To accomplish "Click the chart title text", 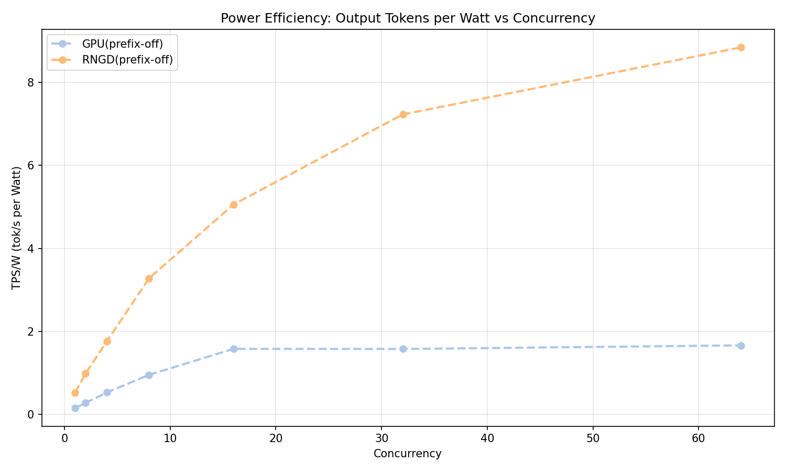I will (x=408, y=18).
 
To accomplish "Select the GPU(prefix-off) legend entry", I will (x=126, y=44).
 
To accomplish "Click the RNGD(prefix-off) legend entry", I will (x=127, y=60).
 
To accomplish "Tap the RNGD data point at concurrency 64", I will (x=741, y=47).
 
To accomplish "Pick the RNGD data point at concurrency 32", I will (x=403, y=114).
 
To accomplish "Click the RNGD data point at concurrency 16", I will (x=234, y=205).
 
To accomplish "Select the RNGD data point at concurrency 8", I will (x=149, y=278).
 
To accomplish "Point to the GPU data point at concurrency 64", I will (x=741, y=346).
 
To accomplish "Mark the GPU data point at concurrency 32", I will (x=403, y=349).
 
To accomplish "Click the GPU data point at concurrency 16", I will (x=234, y=349).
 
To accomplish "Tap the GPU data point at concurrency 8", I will (x=149, y=375).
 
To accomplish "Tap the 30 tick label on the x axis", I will (x=381, y=438).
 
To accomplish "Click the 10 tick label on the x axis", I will (x=170, y=438).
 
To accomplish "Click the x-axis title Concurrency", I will (x=408, y=454).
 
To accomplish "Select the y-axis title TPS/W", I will (x=17, y=228).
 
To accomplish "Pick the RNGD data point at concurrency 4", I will (x=107, y=341).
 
